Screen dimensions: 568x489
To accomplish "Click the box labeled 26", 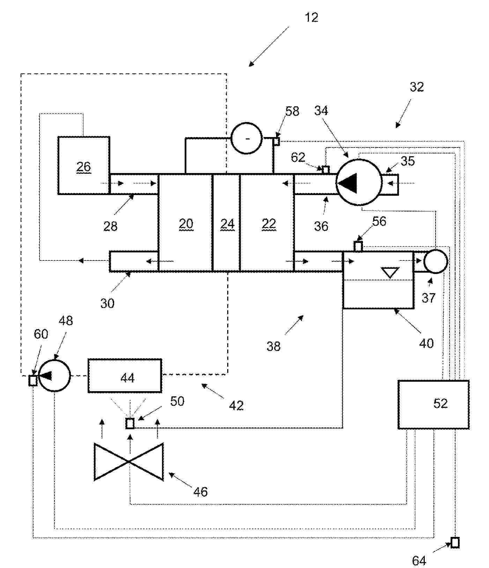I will tap(84, 165).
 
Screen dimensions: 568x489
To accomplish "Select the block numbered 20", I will tap(185, 223).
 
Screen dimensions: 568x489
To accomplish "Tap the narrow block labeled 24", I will tap(226, 223).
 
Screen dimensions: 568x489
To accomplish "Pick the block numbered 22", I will tap(267, 223).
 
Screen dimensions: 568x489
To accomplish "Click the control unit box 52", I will tap(434, 404).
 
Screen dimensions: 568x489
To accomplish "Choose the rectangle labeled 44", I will tap(125, 376).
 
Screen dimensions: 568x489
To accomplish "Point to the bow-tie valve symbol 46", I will tap(129, 462).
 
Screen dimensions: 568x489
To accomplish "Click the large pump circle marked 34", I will tap(359, 182).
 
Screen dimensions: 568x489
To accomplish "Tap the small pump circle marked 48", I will tap(55, 375).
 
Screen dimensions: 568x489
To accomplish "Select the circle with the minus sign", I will tap(247, 138).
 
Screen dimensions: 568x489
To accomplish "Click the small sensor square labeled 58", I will tap(276, 142).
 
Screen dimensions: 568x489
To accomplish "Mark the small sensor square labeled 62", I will tap(326, 170).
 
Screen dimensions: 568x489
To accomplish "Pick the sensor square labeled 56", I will tap(358, 246).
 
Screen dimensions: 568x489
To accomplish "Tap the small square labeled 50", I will tap(130, 424).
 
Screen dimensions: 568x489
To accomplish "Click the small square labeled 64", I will tap(455, 542).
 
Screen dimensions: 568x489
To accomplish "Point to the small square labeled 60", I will tap(33, 380).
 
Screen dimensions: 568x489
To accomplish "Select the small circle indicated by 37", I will tap(436, 261).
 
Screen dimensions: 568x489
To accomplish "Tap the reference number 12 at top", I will tap(311, 17).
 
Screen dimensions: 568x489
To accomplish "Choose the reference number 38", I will tap(273, 346).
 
